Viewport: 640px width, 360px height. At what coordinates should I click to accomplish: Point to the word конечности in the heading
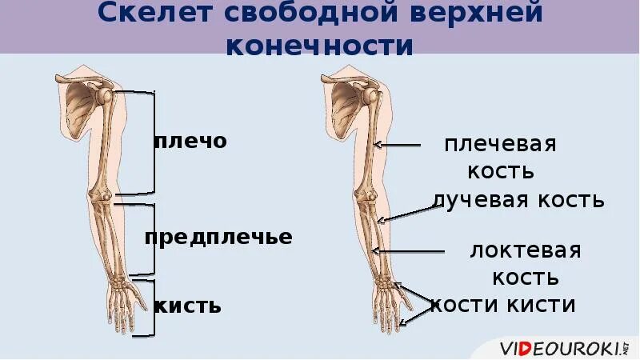[x=320, y=46]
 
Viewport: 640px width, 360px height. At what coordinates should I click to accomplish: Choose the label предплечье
[x=218, y=238]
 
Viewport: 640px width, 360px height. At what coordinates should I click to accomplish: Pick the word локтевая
[x=525, y=250]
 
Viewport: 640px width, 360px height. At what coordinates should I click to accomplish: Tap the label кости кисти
[x=503, y=305]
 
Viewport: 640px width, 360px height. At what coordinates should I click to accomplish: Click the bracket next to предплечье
[x=146, y=239]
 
